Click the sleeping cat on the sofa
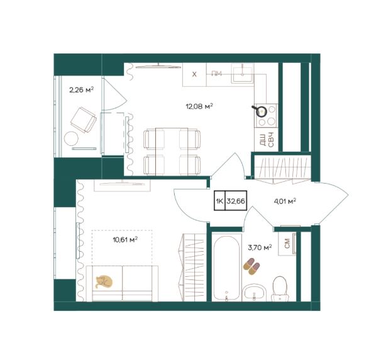click(x=104, y=282)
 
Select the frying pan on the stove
click(x=260, y=111)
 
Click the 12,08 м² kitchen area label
click(x=199, y=106)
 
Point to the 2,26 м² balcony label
click(x=82, y=90)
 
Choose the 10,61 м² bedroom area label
click(x=125, y=240)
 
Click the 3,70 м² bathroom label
click(x=259, y=248)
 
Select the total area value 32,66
click(x=235, y=201)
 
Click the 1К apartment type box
click(x=219, y=201)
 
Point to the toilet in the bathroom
click(x=280, y=289)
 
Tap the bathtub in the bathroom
click(x=227, y=267)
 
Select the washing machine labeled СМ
click(x=287, y=243)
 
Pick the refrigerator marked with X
click(x=194, y=74)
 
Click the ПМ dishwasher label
click(x=216, y=74)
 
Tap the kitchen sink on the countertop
click(x=243, y=73)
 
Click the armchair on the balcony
click(x=83, y=120)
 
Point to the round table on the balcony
click(x=71, y=138)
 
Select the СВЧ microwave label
click(x=271, y=140)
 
